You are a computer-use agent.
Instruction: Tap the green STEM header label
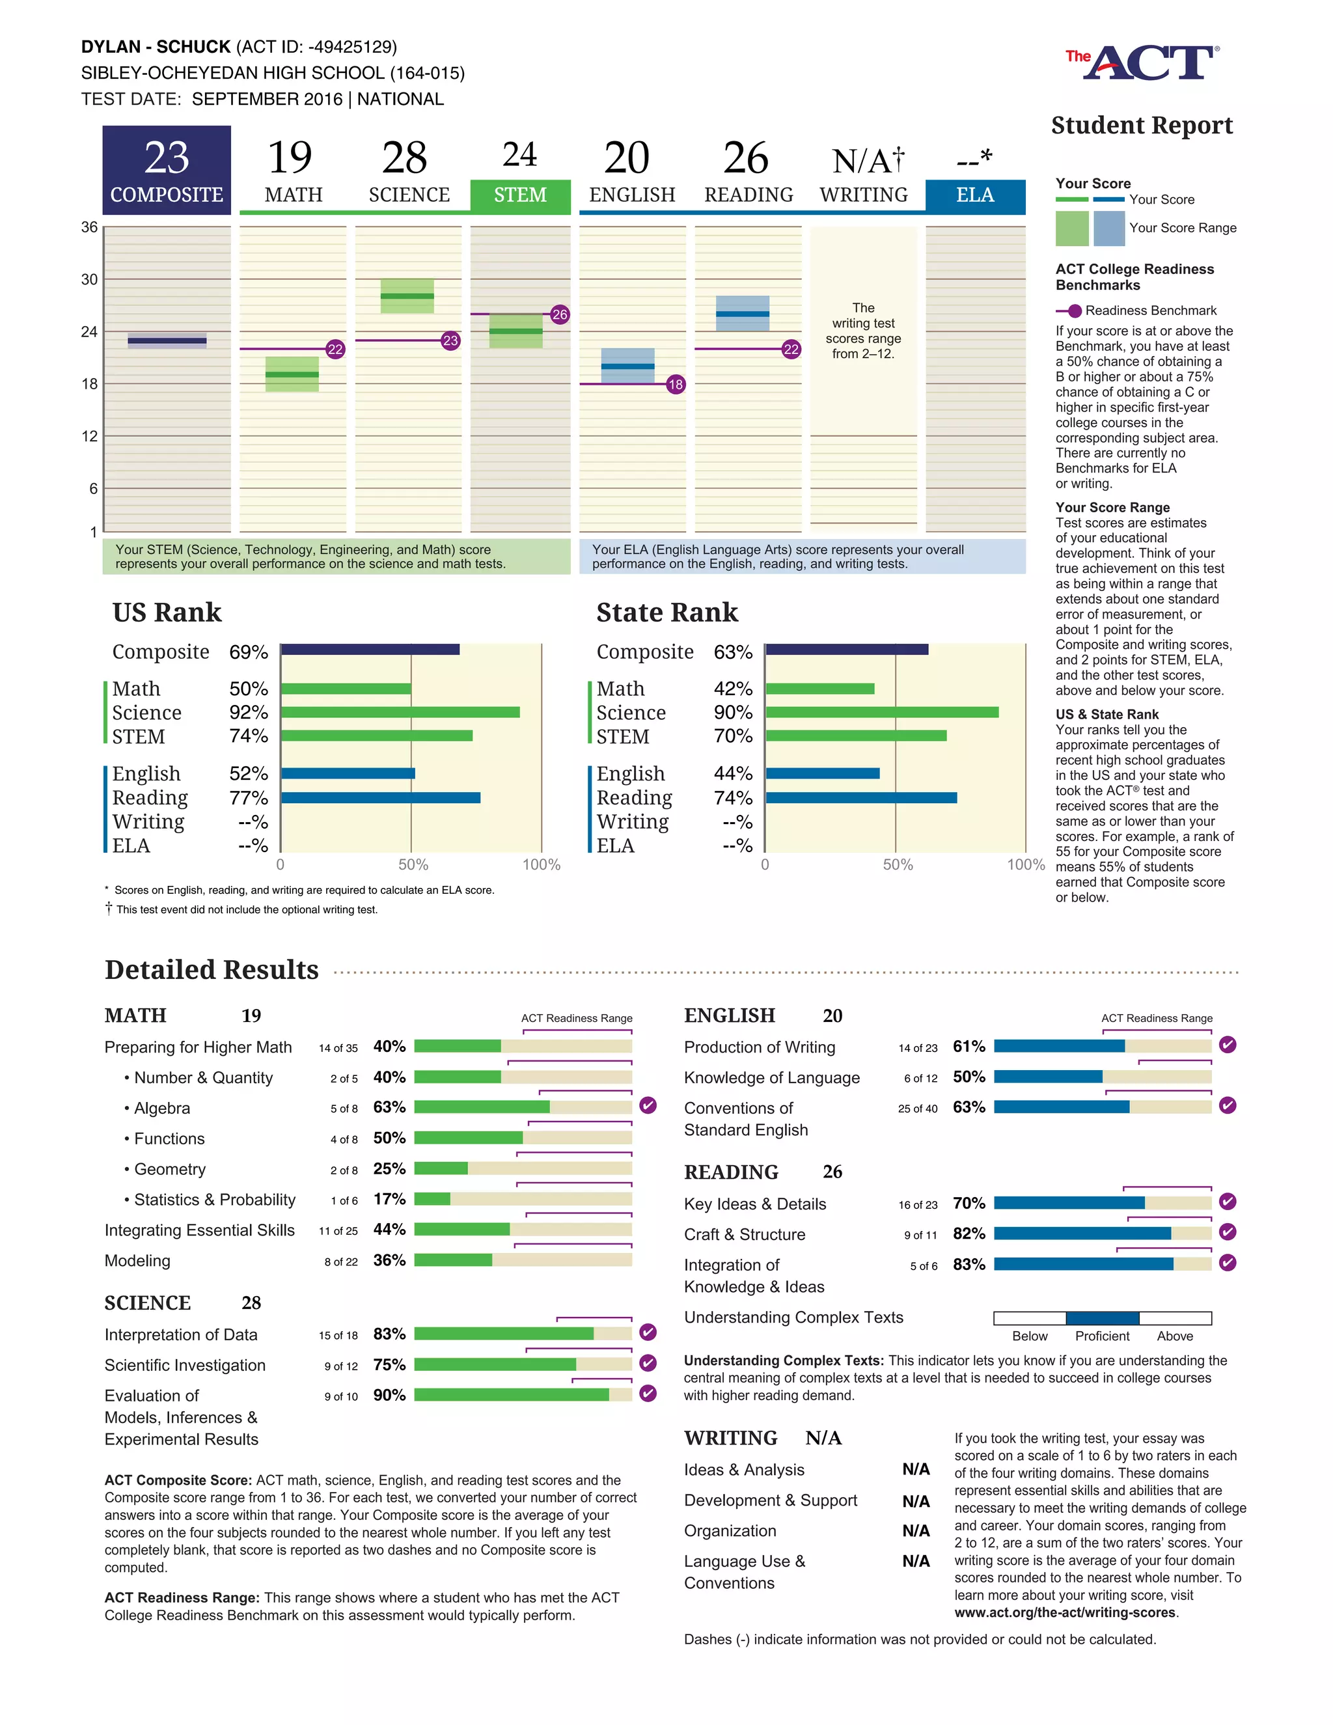pos(519,195)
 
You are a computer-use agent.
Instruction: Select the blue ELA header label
pos(974,195)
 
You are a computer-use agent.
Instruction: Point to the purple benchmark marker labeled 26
pos(560,314)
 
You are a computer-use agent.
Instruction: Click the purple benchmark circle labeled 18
pos(675,385)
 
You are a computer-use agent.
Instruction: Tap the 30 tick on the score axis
pos(89,280)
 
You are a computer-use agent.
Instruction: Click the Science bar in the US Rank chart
pos(400,712)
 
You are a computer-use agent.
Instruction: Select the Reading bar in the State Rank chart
pos(860,798)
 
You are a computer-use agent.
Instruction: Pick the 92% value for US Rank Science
pos(248,712)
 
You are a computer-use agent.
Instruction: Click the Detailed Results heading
pos(212,970)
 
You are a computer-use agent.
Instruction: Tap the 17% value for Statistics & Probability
pos(389,1199)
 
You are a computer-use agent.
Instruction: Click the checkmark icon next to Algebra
pos(648,1105)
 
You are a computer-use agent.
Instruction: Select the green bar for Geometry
pos(441,1168)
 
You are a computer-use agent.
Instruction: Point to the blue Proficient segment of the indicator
pos(1102,1318)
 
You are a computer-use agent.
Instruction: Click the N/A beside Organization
pos(916,1531)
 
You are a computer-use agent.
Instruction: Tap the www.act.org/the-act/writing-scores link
pos(1064,1613)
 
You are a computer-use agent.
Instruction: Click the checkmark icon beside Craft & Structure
pos(1227,1232)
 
